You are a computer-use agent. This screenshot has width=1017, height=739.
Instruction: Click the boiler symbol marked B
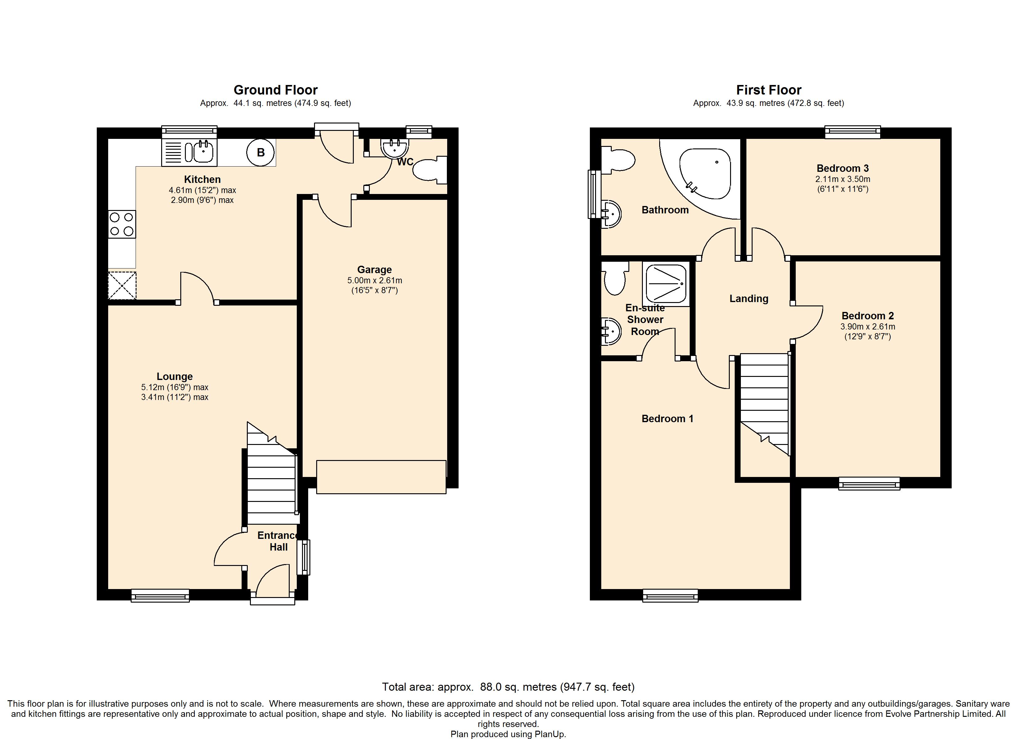coord(260,152)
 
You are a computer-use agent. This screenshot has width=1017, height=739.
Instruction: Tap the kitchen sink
coord(189,152)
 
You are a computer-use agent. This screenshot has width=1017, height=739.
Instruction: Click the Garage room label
coord(374,270)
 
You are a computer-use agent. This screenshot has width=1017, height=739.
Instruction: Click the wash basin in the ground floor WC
coord(394,148)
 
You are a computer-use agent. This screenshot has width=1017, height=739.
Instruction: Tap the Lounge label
coord(174,377)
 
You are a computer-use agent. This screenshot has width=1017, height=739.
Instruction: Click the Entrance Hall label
coord(278,541)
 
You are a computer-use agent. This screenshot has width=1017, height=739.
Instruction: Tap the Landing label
coord(749,298)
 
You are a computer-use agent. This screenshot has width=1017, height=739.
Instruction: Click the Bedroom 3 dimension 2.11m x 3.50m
coord(843,179)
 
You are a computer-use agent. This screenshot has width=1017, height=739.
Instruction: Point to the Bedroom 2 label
coord(868,316)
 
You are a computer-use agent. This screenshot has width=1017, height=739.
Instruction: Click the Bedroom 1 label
coord(667,418)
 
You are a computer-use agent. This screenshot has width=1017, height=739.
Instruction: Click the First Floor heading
coord(769,90)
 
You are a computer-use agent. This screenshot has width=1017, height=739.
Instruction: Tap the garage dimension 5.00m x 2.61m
coord(374,281)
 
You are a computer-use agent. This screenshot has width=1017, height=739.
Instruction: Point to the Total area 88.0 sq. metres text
coord(508,687)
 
